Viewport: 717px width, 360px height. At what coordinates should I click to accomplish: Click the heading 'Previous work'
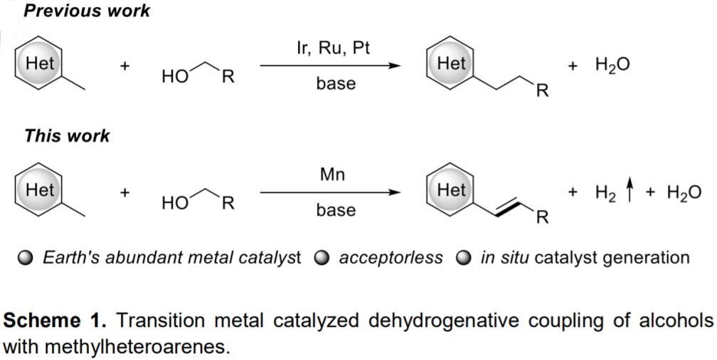tap(87, 11)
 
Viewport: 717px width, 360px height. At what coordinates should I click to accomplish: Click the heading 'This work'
tap(67, 136)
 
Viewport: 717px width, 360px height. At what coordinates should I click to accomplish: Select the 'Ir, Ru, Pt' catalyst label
tap(332, 48)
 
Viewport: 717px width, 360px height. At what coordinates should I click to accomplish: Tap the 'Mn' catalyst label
tap(332, 174)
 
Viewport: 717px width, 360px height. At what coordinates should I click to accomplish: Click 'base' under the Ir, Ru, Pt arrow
tap(336, 83)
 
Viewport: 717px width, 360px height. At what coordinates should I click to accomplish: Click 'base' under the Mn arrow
tap(336, 209)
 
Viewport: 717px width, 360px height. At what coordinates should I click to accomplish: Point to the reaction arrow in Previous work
tap(330, 65)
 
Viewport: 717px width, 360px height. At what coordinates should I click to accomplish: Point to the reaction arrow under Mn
tap(330, 192)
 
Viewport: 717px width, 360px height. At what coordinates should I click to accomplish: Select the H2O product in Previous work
tap(612, 65)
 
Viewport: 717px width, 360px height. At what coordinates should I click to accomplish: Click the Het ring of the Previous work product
tap(450, 64)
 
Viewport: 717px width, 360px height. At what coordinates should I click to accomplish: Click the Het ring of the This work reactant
tap(39, 190)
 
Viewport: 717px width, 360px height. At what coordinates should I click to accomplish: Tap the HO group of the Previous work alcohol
tap(174, 77)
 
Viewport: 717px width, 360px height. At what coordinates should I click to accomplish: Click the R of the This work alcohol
tap(228, 203)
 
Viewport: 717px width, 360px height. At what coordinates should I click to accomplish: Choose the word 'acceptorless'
tap(391, 258)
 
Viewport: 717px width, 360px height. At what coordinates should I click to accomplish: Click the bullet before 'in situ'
tap(463, 258)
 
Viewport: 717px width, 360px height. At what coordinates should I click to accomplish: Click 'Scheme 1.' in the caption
tap(54, 321)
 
